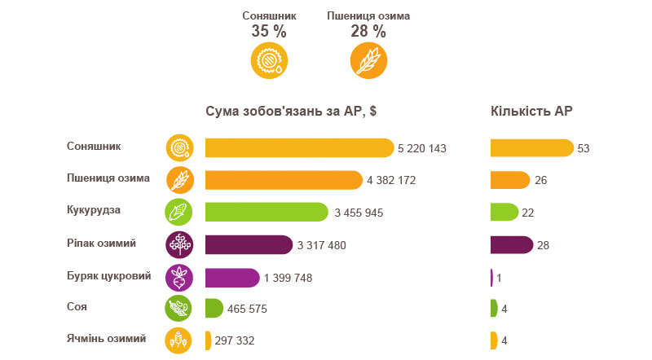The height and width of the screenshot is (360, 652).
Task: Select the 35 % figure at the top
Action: pos(269,32)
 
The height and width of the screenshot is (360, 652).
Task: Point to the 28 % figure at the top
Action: pos(368,32)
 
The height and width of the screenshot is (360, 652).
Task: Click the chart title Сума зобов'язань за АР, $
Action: pos(290,112)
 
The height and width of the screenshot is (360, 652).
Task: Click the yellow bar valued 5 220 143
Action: pos(299,147)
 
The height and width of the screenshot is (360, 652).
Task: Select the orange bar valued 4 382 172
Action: pos(284,180)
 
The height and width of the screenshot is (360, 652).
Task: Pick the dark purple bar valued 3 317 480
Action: pos(249,244)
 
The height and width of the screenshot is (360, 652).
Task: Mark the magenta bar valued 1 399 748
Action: pos(232,277)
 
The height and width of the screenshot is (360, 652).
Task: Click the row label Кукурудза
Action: pos(94,210)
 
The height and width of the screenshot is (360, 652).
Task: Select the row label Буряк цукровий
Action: pos(109,275)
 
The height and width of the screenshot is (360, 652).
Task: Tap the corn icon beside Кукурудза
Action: pos(179,213)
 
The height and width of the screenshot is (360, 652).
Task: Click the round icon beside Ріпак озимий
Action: pos(179,244)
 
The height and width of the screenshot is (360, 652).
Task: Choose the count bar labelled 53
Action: pos(531,147)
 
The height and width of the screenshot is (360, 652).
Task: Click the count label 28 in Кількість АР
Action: pos(545,245)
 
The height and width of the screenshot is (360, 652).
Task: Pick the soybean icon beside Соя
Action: pos(179,310)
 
